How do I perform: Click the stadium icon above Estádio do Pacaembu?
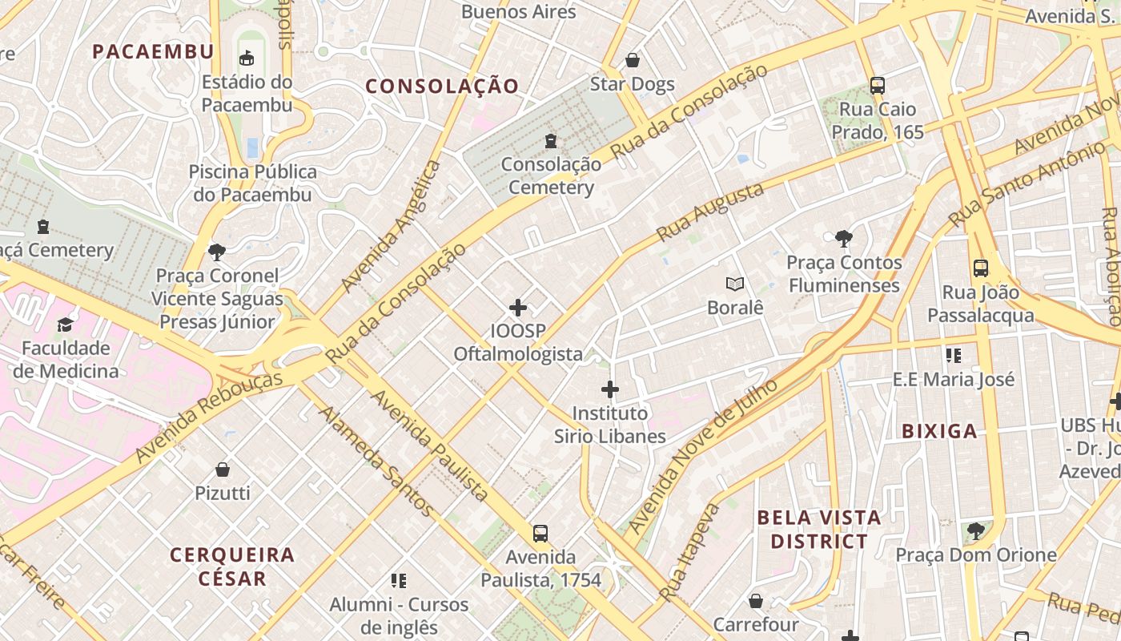click(247, 58)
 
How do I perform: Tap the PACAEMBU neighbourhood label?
click(153, 52)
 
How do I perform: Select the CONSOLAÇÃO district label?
click(442, 87)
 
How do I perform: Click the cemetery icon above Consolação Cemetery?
click(551, 141)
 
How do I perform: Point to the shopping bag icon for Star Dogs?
click(633, 60)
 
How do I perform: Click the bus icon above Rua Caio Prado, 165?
click(878, 85)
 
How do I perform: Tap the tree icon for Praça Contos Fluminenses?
click(843, 238)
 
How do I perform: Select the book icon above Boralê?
click(734, 284)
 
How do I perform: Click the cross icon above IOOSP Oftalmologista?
click(518, 307)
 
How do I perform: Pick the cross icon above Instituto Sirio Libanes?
click(610, 389)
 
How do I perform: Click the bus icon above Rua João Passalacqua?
click(981, 268)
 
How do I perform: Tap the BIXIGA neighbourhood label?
click(939, 431)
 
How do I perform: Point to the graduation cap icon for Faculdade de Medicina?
click(65, 325)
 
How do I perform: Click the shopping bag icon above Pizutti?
click(223, 469)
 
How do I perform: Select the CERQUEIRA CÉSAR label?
click(232, 566)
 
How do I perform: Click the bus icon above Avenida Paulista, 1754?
click(540, 533)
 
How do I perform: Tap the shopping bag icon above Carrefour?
click(756, 600)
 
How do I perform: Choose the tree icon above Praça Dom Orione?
click(975, 530)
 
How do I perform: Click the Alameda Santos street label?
click(376, 461)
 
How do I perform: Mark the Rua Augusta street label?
click(710, 212)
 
